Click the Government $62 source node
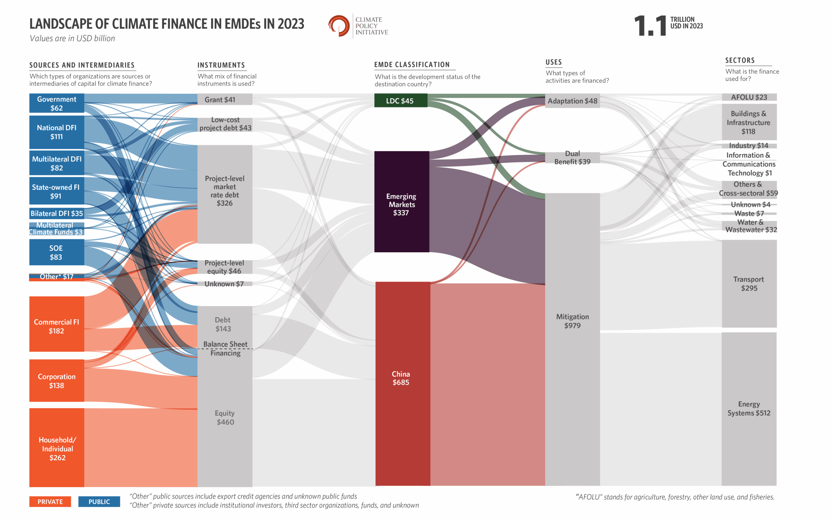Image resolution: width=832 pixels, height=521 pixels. pyautogui.click(x=57, y=103)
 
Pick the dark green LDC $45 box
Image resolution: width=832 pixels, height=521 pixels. pyautogui.click(x=401, y=100)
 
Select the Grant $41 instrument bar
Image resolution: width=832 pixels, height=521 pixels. pyautogui.click(x=225, y=99)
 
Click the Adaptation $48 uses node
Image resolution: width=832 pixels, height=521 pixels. pyautogui.click(x=572, y=101)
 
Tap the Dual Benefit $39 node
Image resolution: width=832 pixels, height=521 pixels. pyautogui.click(x=572, y=158)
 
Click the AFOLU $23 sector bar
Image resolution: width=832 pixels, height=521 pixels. pyautogui.click(x=749, y=97)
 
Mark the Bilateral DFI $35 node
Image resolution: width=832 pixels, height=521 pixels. pyautogui.click(x=57, y=213)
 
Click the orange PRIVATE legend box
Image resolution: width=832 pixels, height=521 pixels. pyautogui.click(x=50, y=501)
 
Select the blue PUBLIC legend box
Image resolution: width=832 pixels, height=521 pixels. pyautogui.click(x=99, y=501)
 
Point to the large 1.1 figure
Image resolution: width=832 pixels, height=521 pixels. pyautogui.click(x=650, y=26)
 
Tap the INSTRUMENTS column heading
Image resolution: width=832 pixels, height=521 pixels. pyautogui.click(x=221, y=65)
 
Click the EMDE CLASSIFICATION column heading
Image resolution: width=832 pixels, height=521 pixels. pyautogui.click(x=412, y=64)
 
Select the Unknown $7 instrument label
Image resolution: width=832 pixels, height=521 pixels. pyautogui.click(x=224, y=284)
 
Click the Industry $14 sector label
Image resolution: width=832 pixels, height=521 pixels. pyautogui.click(x=748, y=145)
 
